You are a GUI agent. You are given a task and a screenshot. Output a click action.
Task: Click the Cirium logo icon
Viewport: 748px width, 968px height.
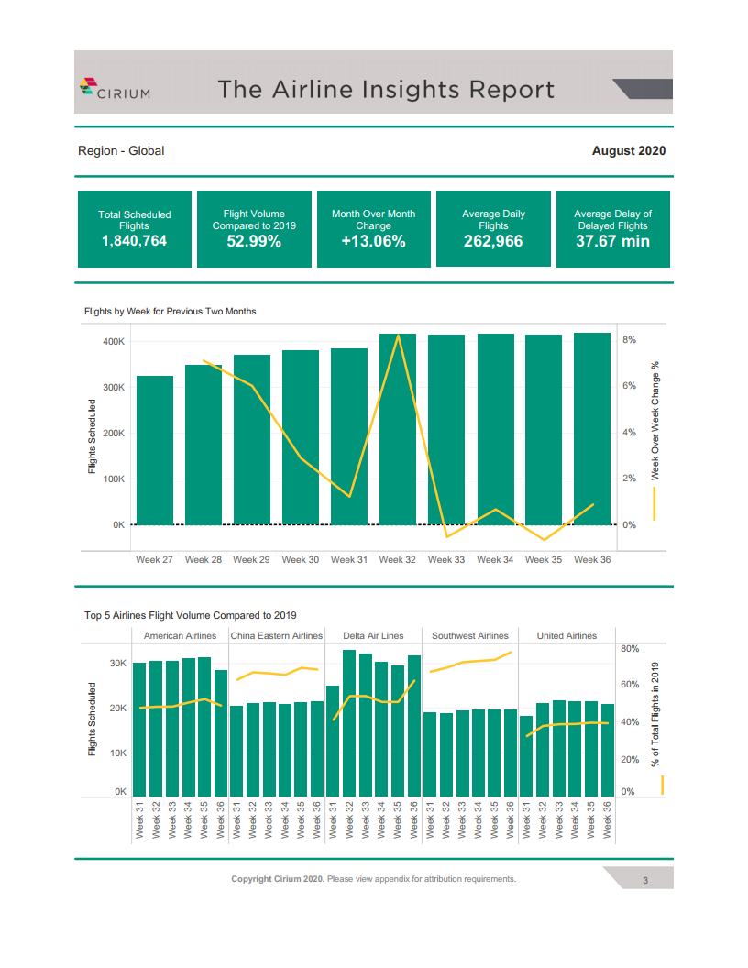(x=89, y=88)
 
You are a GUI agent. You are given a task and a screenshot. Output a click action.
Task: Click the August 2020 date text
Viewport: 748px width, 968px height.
(x=629, y=150)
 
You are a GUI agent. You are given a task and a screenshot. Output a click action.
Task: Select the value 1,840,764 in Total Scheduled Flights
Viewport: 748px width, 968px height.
(x=134, y=241)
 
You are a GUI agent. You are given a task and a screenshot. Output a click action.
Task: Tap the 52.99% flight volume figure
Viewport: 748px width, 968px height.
(x=254, y=241)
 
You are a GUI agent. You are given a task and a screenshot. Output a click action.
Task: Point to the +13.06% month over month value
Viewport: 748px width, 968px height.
(x=373, y=241)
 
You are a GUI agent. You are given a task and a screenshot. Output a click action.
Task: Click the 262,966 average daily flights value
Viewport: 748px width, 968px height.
(x=493, y=241)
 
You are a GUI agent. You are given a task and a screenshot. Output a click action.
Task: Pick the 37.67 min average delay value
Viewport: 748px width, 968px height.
(x=612, y=241)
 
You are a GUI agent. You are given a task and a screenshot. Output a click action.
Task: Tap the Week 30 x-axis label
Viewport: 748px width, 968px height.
(x=300, y=559)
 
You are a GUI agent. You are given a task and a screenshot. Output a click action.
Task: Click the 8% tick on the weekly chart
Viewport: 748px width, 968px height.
(x=630, y=339)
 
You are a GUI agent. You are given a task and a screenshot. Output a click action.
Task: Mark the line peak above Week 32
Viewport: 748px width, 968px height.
(x=398, y=335)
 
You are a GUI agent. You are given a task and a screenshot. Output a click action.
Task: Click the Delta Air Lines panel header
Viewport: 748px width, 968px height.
(x=373, y=635)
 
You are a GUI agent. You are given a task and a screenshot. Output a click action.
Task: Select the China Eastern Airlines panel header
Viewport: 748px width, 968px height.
(x=277, y=635)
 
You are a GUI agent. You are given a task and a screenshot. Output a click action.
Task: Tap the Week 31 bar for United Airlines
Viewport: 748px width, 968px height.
(x=526, y=755)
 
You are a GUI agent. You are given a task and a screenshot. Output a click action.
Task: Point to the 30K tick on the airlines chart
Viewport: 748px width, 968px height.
(x=117, y=663)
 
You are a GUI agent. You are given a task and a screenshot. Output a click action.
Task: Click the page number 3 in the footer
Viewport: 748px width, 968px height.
(x=645, y=881)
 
